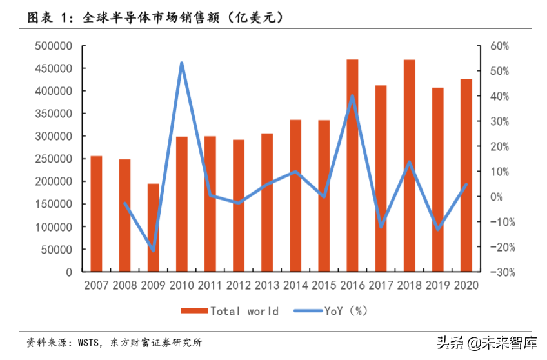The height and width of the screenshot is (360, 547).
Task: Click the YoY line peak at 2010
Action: [x=181, y=63]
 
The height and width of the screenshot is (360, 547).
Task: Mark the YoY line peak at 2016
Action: [x=352, y=96]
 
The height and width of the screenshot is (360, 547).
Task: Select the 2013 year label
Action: [x=267, y=285]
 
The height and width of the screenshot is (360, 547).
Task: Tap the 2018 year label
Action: [x=409, y=285]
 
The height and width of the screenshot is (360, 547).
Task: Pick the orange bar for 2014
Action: [x=295, y=195]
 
